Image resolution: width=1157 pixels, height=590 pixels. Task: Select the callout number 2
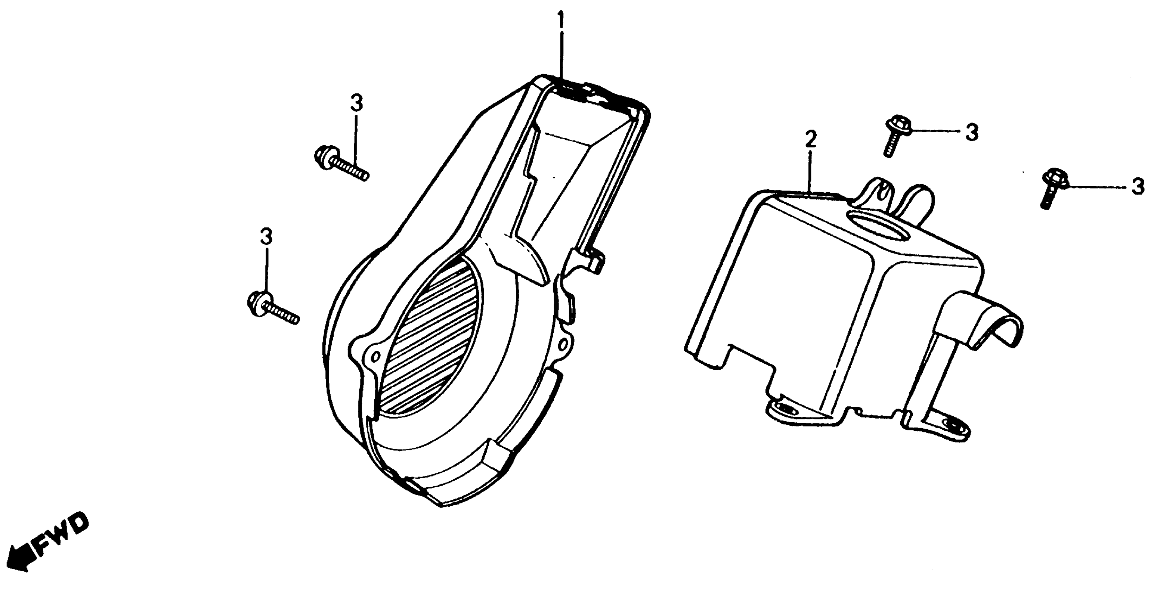click(x=810, y=140)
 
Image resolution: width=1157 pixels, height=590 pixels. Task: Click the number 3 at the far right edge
click(x=1137, y=186)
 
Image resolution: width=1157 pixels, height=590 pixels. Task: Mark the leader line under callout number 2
click(x=810, y=173)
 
